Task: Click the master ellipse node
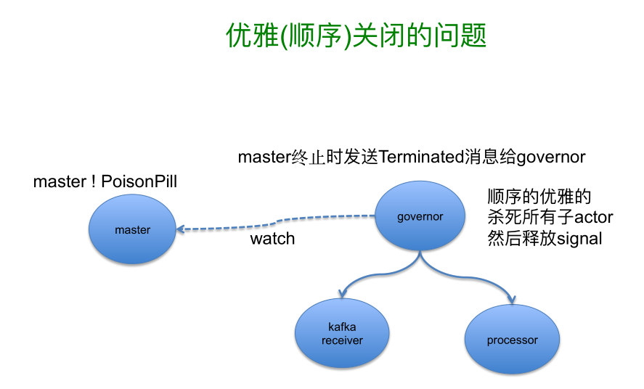(132, 229)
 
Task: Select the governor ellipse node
(420, 216)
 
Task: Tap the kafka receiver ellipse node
(342, 333)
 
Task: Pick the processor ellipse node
(512, 340)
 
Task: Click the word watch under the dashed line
(273, 238)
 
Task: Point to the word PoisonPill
(139, 181)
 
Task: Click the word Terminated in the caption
(421, 157)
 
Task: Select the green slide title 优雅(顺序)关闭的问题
(356, 36)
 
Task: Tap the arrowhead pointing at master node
(181, 229)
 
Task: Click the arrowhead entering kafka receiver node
(343, 293)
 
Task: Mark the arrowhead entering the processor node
(512, 299)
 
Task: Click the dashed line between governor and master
(276, 222)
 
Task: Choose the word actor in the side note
(593, 217)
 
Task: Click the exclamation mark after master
(94, 181)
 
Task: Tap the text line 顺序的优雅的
(539, 197)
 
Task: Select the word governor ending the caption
(551, 157)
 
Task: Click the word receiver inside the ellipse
(342, 340)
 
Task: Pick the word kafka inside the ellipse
(342, 327)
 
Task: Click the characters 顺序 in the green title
(315, 36)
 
